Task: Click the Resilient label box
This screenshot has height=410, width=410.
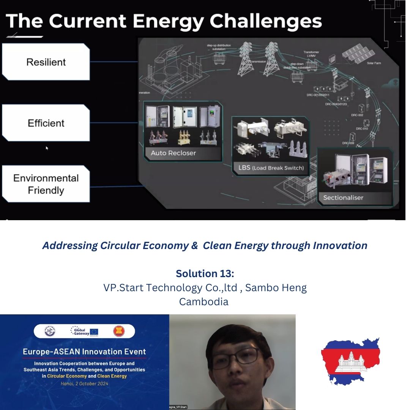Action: [46, 62]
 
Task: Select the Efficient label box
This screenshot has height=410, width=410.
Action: [46, 123]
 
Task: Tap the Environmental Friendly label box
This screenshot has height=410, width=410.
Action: [46, 184]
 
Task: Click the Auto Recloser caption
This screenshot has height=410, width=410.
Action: [173, 153]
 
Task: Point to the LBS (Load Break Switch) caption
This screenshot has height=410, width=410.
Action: [269, 168]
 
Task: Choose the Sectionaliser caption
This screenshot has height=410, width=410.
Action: [343, 197]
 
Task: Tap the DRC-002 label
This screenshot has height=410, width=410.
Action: [357, 115]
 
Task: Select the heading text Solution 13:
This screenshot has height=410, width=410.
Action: [205, 273]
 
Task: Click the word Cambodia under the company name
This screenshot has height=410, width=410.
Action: [204, 302]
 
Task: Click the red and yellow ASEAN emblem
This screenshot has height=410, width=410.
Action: [119, 331]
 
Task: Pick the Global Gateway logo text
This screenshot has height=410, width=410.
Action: [80, 331]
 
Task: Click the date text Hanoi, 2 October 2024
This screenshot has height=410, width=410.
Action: [84, 383]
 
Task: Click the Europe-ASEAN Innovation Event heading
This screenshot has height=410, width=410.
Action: [84, 352]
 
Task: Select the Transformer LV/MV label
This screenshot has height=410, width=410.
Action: [311, 54]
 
